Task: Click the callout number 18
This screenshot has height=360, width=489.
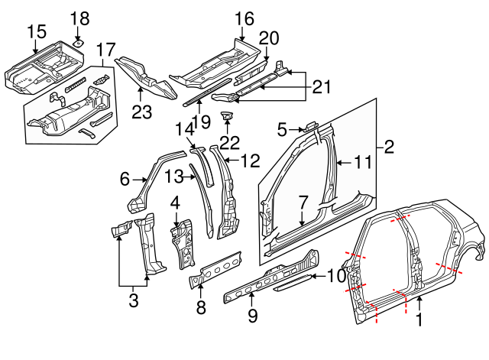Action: point(79,18)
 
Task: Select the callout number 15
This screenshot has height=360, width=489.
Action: point(37,31)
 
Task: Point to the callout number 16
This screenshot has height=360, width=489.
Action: point(243,18)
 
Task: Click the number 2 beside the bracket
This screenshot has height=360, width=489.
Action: point(389,147)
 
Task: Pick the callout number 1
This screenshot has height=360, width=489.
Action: point(418,322)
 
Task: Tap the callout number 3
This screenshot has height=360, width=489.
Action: point(134,300)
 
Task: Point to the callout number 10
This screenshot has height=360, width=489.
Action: point(337,276)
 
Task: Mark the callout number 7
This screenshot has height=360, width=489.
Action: point(303,203)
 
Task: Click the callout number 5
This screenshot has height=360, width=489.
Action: point(282,128)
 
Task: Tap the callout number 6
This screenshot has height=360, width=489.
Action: point(125,180)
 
